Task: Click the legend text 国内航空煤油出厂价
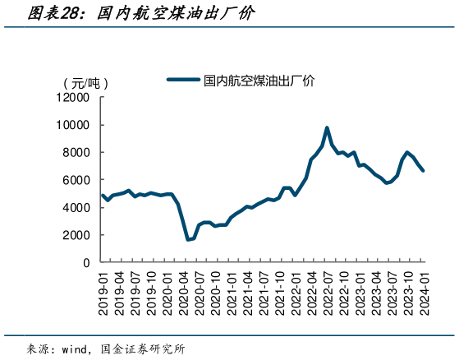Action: point(259,81)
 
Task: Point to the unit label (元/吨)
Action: point(85,83)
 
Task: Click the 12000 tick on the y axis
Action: point(72,98)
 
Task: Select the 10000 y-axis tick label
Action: point(72,125)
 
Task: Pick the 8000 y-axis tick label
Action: point(76,152)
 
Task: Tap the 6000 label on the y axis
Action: point(76,180)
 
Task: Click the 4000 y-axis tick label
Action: point(76,208)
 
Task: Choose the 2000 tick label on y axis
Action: point(76,235)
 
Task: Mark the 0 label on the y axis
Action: point(86,262)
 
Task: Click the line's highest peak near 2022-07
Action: point(327,128)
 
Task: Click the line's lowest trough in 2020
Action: point(188,239)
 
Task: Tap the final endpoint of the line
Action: point(424,171)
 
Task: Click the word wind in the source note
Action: point(76,348)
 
